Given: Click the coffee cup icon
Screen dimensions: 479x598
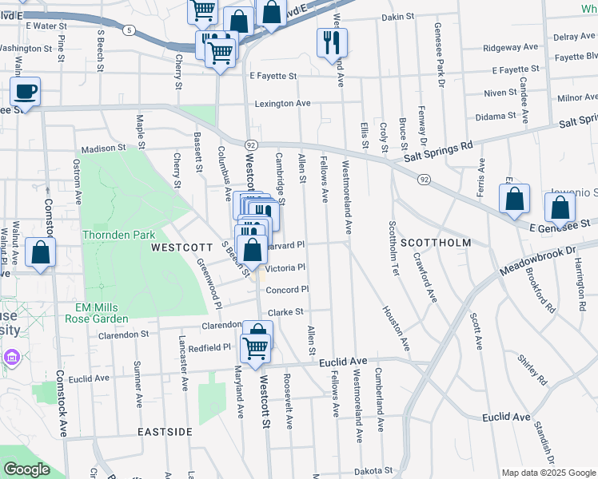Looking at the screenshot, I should (25, 92).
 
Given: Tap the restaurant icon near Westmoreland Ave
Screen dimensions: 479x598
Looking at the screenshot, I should (332, 42).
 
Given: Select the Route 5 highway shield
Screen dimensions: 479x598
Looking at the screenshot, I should (129, 30).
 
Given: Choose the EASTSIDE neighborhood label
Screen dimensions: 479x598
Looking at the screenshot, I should (165, 431).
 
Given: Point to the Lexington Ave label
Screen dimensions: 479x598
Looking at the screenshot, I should (282, 104).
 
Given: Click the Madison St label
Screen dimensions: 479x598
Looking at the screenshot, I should (104, 148).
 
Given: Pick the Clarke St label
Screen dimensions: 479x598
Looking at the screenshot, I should (286, 312).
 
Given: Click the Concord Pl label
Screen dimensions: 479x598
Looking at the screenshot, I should (287, 290).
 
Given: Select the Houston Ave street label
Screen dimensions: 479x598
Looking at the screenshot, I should (396, 330).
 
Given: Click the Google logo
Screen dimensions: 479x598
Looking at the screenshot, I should (27, 469).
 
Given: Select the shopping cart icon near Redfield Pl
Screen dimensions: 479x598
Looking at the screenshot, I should (255, 348).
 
